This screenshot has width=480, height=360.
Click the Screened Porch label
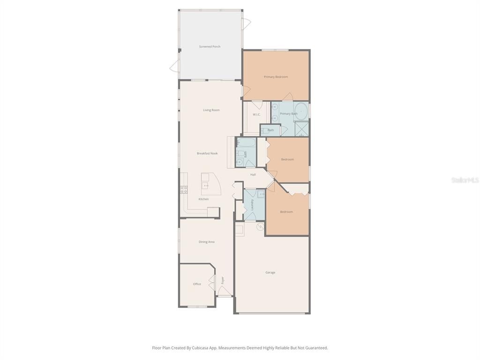pos(210,46)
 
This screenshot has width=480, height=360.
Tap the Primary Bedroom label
pos(276,77)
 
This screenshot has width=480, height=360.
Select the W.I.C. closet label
pos(256,114)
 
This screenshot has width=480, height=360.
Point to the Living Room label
pos(211,110)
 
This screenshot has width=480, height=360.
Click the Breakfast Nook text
pos(207,153)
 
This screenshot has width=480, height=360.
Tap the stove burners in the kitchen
pos(184,190)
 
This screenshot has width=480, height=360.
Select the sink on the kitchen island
pos(205,186)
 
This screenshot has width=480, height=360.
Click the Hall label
pos(253,175)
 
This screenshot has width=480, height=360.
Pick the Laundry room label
pos(252,204)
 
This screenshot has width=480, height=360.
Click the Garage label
pos(270,272)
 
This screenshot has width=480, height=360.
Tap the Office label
pos(197,284)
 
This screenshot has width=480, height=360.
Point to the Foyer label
pos(223,280)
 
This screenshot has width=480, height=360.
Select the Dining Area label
pos(206,242)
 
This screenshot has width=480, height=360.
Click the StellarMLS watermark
pos(465,180)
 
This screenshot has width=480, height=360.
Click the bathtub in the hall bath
pos(247,142)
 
